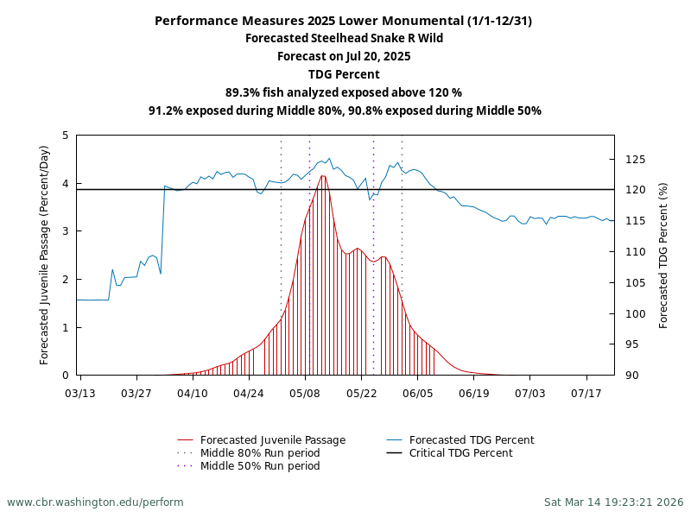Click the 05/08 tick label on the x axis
[305, 393]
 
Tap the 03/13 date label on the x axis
[80, 393]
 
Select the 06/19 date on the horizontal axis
[474, 393]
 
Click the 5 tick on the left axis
[66, 136]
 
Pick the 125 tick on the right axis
[636, 160]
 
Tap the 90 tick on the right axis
[632, 376]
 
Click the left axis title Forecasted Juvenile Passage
[45, 255]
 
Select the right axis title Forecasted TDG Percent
[663, 255]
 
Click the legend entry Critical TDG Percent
[460, 453]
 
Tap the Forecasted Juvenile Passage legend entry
[273, 440]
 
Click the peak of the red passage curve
[323, 176]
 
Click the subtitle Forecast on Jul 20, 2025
[345, 56]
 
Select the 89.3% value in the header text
[244, 92]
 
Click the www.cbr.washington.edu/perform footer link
[95, 502]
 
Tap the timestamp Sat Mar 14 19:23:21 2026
[613, 502]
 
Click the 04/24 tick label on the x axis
[249, 393]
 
